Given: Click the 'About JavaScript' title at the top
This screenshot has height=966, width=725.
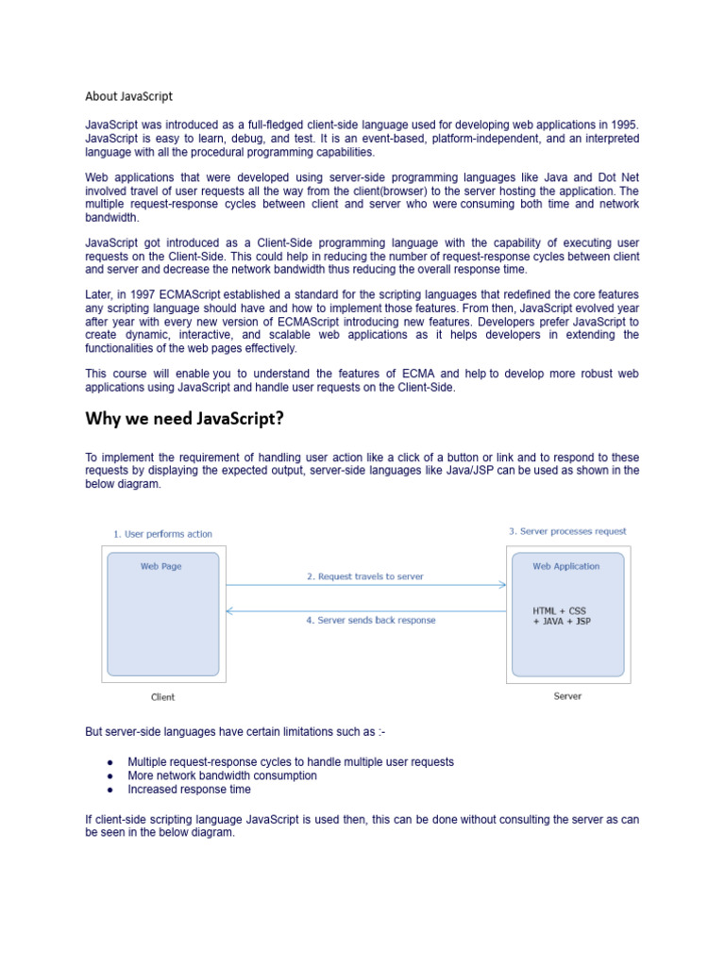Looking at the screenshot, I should (128, 96).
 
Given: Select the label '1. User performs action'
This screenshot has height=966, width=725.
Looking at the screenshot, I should (162, 534).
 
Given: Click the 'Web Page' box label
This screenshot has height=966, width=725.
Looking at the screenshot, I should (161, 567).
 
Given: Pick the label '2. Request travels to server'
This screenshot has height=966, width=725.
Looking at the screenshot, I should (364, 576).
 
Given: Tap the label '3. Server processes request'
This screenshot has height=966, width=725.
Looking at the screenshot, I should (567, 531).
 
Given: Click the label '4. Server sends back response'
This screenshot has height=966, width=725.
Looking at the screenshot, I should (364, 621).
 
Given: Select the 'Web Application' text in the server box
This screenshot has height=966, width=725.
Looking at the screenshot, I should (565, 567).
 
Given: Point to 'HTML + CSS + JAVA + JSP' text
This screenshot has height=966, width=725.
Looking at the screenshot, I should (562, 616).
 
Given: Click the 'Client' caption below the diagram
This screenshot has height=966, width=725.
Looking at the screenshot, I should (162, 697).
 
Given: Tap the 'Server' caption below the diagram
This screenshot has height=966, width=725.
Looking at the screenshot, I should (567, 696).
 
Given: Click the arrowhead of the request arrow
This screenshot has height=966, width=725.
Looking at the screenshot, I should (502, 585).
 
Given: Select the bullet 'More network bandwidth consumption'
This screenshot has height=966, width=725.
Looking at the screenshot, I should (222, 775).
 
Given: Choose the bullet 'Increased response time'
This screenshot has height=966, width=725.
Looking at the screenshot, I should (189, 790).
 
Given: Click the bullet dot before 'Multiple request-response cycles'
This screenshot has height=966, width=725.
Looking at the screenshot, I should (110, 762).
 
